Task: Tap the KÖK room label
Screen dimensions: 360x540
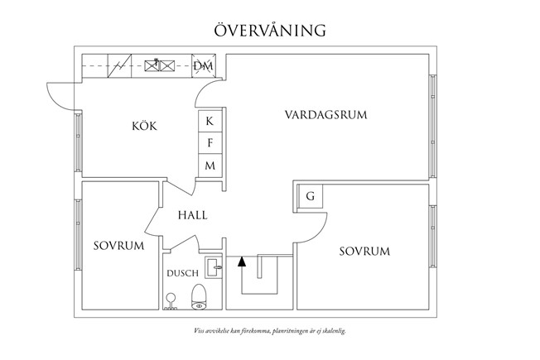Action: (x=143, y=127)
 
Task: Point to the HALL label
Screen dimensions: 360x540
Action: (x=192, y=214)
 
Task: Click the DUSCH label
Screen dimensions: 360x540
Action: (x=181, y=272)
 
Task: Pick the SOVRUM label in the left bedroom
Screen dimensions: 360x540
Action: (x=118, y=247)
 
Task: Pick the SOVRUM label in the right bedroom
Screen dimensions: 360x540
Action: (x=364, y=251)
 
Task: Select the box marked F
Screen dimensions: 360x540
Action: (x=210, y=143)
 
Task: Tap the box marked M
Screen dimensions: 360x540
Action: (x=210, y=166)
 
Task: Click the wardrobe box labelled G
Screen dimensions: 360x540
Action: (x=310, y=197)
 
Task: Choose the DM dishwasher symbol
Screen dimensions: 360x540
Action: (x=203, y=65)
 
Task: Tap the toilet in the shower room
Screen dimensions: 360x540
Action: (x=198, y=296)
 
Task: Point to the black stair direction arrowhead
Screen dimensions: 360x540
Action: (x=242, y=262)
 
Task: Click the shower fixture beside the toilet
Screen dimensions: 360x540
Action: (x=171, y=300)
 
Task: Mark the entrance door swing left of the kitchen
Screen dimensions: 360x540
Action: (x=60, y=94)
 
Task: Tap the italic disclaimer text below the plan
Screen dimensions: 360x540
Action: (x=269, y=330)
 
